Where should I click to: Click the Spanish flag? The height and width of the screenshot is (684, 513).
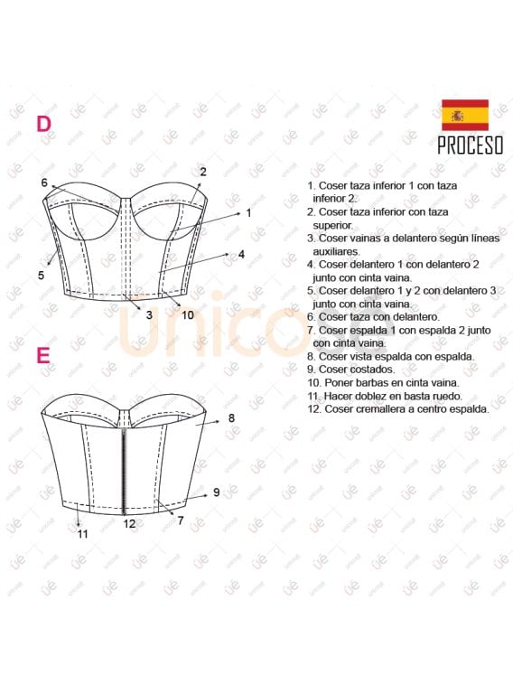pyautogui.click(x=464, y=115)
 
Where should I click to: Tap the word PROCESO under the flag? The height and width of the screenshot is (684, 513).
pyautogui.click(x=470, y=145)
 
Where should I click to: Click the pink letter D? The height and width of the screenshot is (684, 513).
pyautogui.click(x=43, y=124)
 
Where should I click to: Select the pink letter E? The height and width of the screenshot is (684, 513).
pyautogui.click(x=42, y=355)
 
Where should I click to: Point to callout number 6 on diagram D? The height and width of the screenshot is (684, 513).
pyautogui.click(x=44, y=183)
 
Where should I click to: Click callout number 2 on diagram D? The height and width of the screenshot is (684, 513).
pyautogui.click(x=203, y=172)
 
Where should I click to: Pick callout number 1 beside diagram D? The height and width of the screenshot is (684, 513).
pyautogui.click(x=248, y=213)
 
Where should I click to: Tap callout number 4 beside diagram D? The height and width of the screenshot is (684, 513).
pyautogui.click(x=241, y=254)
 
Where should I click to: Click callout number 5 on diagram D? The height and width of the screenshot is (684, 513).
pyautogui.click(x=41, y=275)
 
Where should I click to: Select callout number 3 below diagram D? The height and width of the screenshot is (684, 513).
pyautogui.click(x=149, y=314)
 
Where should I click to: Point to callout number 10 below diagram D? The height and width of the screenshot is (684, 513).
pyautogui.click(x=187, y=314)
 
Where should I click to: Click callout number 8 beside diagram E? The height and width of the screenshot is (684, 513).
pyautogui.click(x=231, y=417)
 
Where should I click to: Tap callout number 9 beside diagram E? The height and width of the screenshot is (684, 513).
pyautogui.click(x=217, y=492)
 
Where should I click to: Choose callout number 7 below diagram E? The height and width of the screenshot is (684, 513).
pyautogui.click(x=181, y=520)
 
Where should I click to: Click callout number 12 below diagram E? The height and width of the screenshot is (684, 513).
pyautogui.click(x=129, y=523)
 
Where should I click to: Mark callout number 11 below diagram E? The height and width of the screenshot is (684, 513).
pyautogui.click(x=82, y=533)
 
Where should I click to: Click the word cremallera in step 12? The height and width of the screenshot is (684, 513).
pyautogui.click(x=387, y=408)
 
